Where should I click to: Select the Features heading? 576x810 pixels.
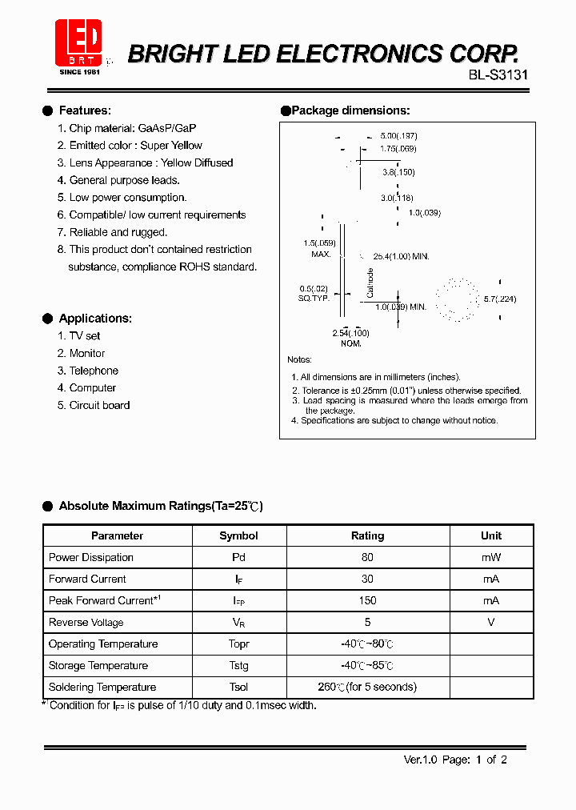(x=85, y=110)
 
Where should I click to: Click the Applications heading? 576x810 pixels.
(x=95, y=319)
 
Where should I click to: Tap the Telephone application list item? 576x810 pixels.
(x=93, y=371)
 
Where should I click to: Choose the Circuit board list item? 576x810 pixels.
(x=99, y=405)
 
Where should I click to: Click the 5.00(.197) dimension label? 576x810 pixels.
(x=398, y=136)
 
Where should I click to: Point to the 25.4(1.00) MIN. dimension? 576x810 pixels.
(x=401, y=256)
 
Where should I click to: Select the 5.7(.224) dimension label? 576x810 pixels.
(x=500, y=299)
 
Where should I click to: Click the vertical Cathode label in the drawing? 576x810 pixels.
(x=370, y=283)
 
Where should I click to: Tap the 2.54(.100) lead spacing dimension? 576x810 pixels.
(x=350, y=332)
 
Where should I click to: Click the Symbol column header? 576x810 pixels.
(x=238, y=535)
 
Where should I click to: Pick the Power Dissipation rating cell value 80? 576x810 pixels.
(x=367, y=557)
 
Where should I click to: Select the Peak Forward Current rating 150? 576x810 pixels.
(x=367, y=600)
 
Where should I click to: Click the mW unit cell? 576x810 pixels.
(x=490, y=557)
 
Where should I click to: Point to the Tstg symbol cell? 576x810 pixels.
(x=238, y=665)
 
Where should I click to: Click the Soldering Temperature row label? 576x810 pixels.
(x=102, y=687)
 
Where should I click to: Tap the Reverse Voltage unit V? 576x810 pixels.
(x=490, y=622)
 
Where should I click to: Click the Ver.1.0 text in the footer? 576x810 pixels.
(x=419, y=760)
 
